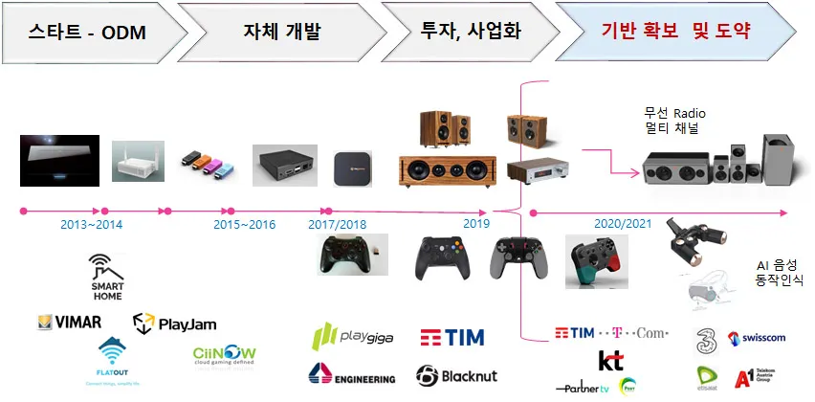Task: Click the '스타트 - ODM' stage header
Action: click(87, 32)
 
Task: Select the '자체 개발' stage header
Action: click(281, 32)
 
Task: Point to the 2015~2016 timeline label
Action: click(244, 225)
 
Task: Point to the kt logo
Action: click(610, 361)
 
